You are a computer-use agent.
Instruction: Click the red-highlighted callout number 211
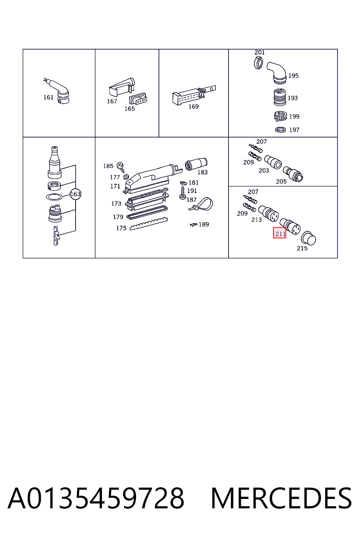pyautogui.click(x=279, y=233)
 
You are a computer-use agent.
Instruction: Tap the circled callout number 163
pyautogui.click(x=75, y=194)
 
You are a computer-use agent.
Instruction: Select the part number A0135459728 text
pyautogui.click(x=96, y=498)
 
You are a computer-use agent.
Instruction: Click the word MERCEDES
pyautogui.click(x=281, y=498)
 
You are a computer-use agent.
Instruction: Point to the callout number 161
pyautogui.click(x=48, y=97)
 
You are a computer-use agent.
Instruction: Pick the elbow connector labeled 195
pyautogui.click(x=277, y=73)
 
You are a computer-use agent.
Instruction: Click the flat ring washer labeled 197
pyautogui.click(x=281, y=130)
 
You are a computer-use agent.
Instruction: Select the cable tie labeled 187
pyautogui.click(x=201, y=204)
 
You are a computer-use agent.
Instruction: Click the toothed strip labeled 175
pyautogui.click(x=149, y=224)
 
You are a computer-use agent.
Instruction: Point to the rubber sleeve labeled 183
pyautogui.click(x=196, y=165)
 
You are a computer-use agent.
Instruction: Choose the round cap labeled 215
pyautogui.click(x=308, y=238)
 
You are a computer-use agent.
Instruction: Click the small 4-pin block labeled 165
pyautogui.click(x=138, y=99)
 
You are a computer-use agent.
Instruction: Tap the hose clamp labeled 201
pyautogui.click(x=258, y=63)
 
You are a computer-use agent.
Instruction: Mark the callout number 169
pyautogui.click(x=193, y=107)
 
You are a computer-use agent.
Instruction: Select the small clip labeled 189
pyautogui.click(x=193, y=225)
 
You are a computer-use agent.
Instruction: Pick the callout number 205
pyautogui.click(x=281, y=181)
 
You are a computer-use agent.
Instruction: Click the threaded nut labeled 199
pyautogui.click(x=281, y=116)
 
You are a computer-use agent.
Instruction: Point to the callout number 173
pyautogui.click(x=116, y=204)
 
